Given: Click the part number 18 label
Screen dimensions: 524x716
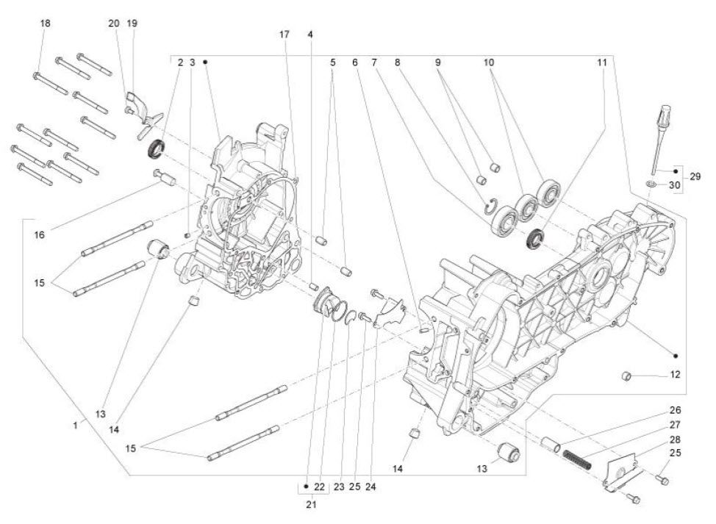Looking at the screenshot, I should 46,24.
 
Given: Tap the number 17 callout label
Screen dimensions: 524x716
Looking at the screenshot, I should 284,34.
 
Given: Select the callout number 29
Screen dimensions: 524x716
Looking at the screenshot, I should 695,176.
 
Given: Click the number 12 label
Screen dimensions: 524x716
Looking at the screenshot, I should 676,374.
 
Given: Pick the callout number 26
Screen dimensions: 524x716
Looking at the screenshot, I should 675,410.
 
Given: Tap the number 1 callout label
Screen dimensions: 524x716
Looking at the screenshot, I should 76,425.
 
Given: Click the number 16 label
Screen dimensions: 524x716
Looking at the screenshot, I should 39,235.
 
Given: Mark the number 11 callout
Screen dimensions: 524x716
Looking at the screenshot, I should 602,63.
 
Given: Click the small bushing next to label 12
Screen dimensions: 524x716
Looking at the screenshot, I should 627,377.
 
